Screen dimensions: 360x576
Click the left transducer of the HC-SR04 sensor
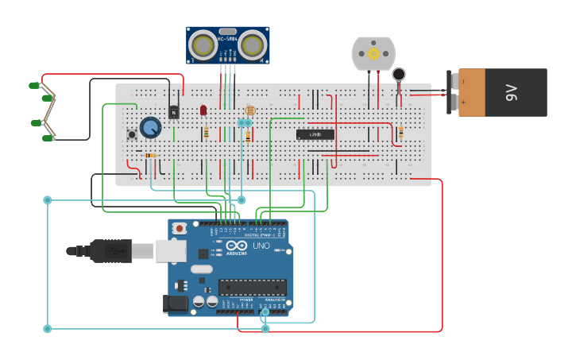point(205,45)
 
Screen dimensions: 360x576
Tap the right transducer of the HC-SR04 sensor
point(252,45)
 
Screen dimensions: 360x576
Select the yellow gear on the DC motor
point(373,53)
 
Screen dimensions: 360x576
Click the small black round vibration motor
point(399,75)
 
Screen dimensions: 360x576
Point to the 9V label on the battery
point(511,92)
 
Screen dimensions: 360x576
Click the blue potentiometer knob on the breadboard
point(150,127)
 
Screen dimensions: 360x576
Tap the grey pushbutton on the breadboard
point(132,134)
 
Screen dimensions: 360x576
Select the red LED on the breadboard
point(203,110)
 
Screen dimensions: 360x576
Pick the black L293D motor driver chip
point(315,134)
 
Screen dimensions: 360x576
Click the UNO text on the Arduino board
point(261,247)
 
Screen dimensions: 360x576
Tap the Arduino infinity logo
point(237,246)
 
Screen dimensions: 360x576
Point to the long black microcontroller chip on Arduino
point(252,287)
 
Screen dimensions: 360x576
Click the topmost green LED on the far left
point(34,85)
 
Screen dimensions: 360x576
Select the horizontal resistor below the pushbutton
point(149,155)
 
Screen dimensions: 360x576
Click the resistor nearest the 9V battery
point(400,132)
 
